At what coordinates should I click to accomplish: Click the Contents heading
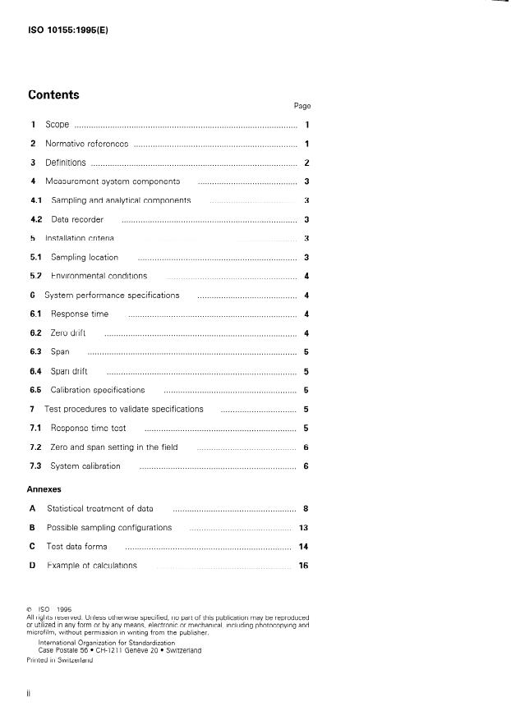(53, 94)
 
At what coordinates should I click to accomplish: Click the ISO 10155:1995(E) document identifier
(68, 30)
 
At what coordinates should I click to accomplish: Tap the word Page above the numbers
(302, 106)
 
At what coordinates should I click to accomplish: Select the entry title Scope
(57, 125)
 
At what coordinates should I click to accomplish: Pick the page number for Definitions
(306, 163)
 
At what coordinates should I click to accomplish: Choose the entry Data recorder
(77, 219)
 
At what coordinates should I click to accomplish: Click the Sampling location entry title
(85, 257)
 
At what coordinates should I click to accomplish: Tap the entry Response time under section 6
(79, 314)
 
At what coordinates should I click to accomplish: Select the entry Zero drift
(68, 332)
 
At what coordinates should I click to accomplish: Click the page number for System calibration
(306, 465)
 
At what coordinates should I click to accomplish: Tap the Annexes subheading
(44, 488)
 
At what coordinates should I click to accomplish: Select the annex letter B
(32, 527)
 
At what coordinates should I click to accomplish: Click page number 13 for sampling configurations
(303, 527)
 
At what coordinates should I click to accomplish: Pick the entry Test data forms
(76, 546)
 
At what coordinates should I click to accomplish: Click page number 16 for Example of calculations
(303, 566)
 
